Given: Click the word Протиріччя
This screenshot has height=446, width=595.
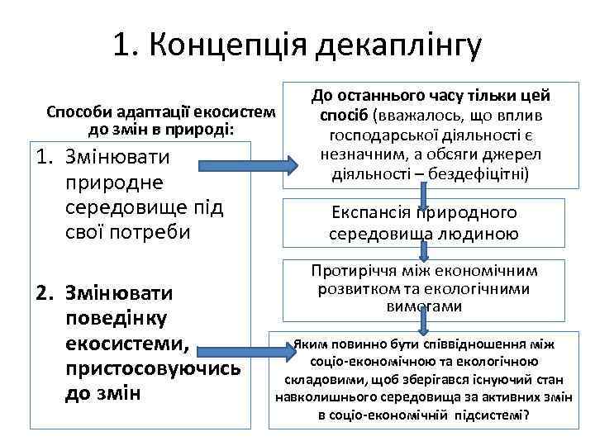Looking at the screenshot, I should (x=355, y=271).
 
